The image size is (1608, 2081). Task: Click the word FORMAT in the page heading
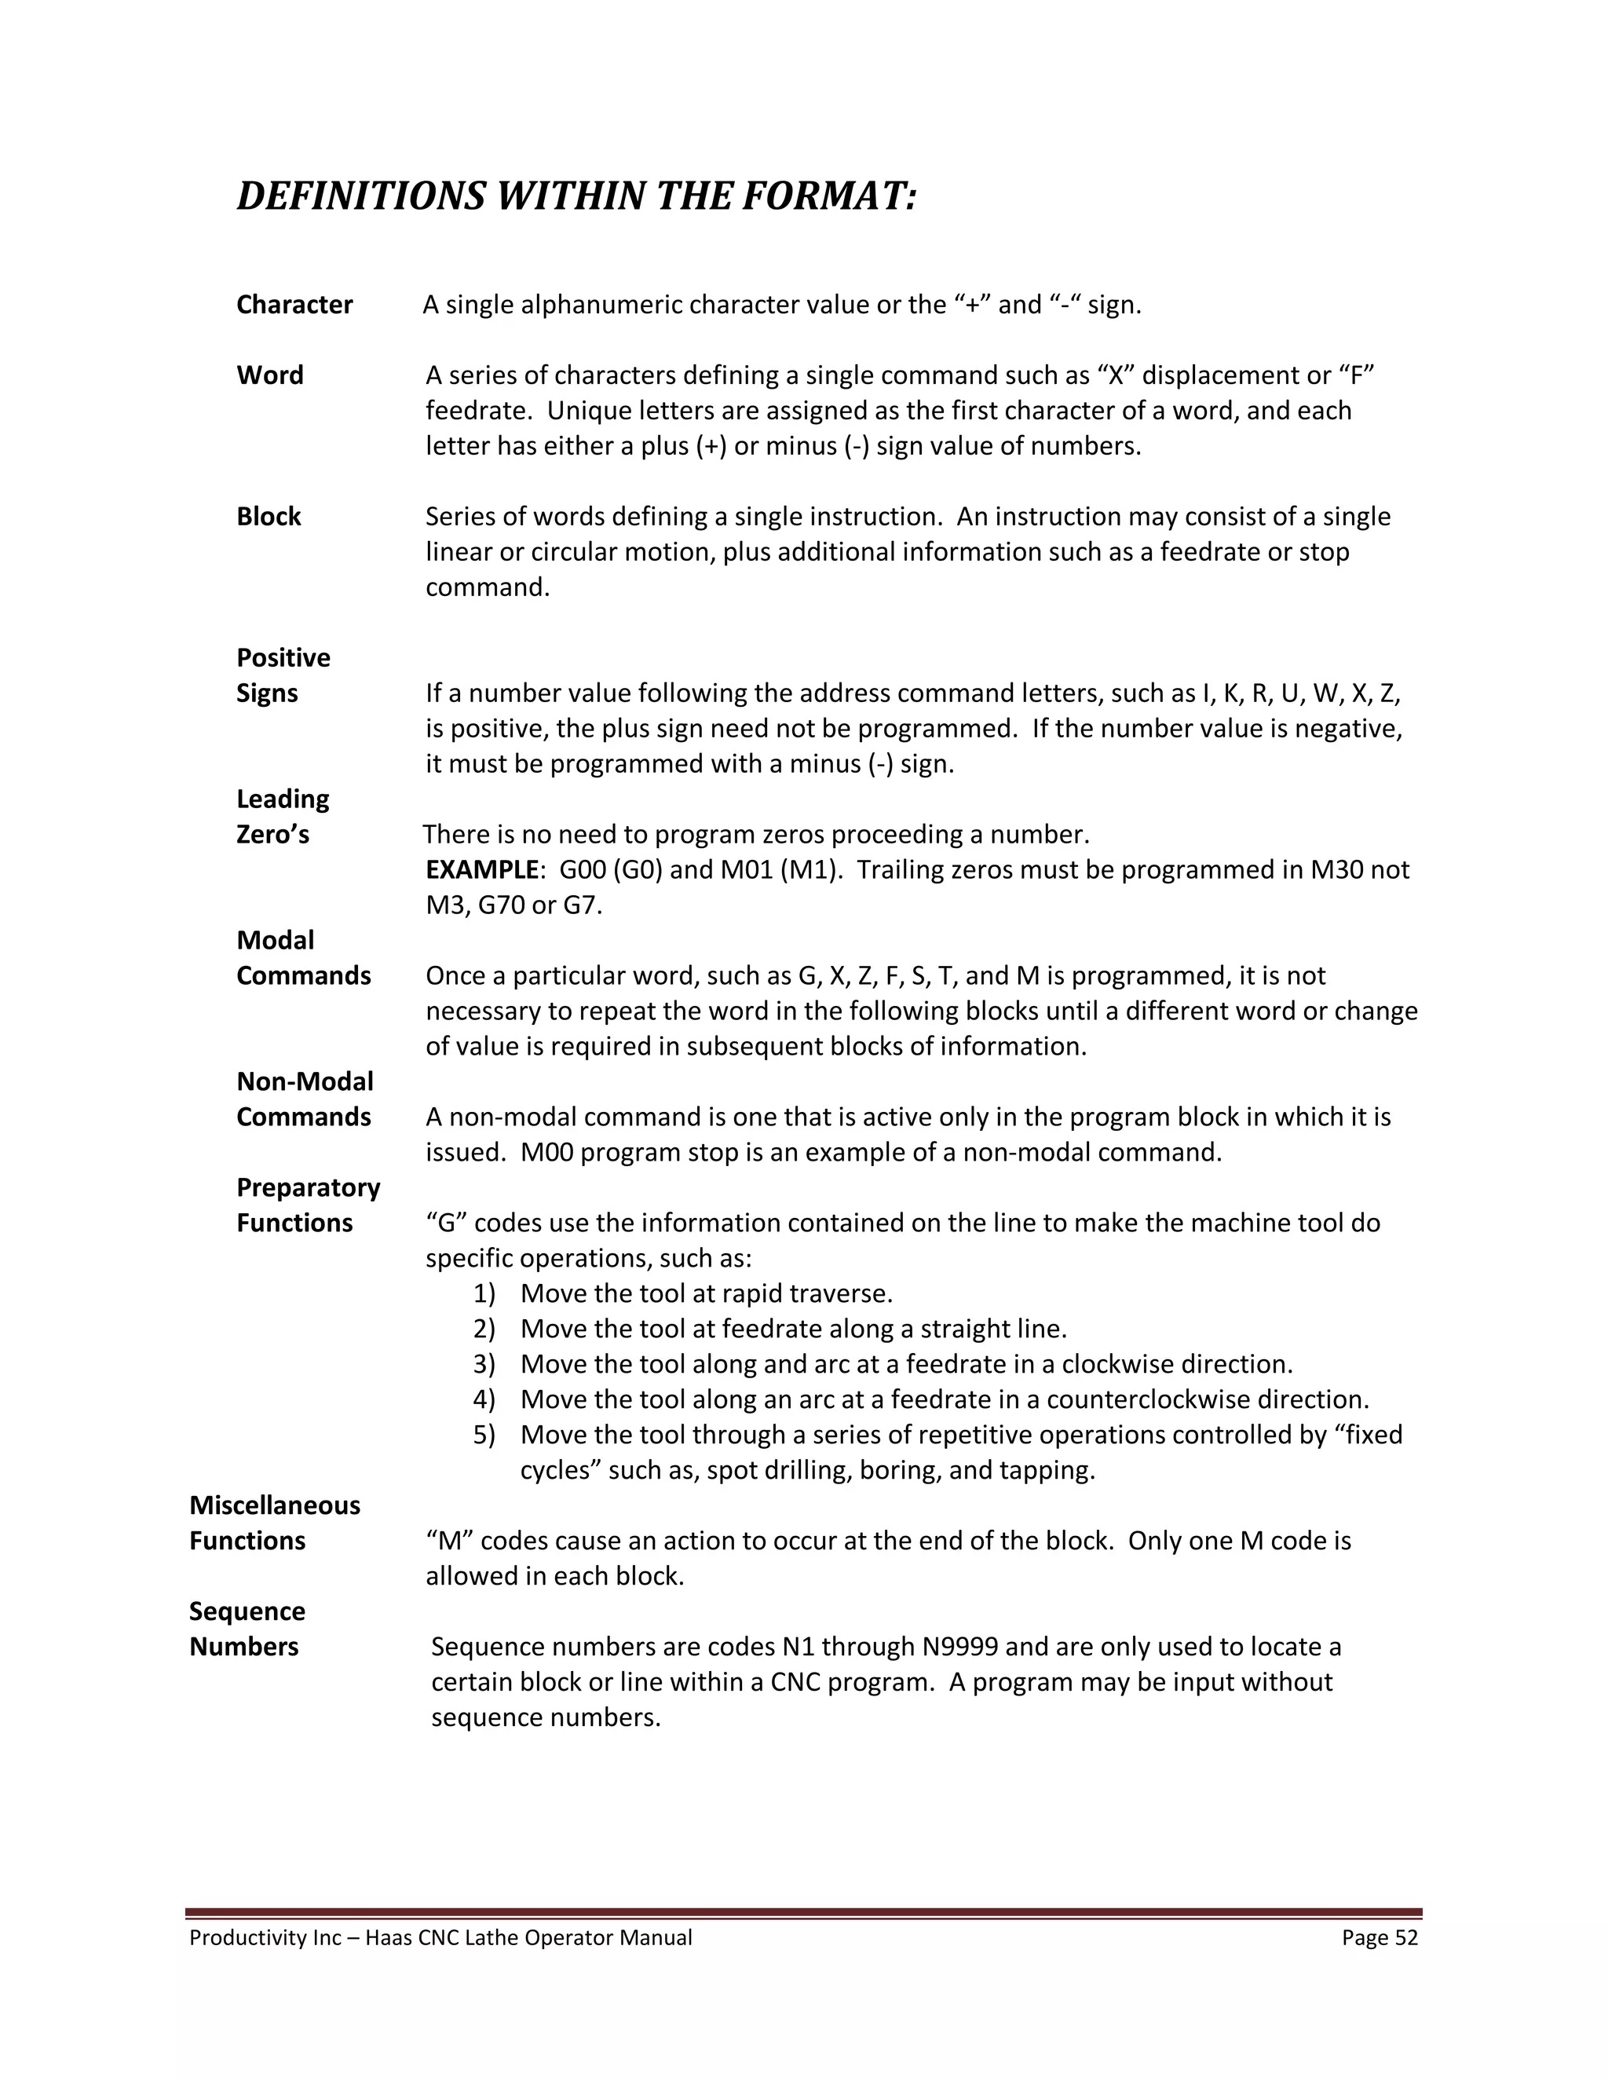pos(828,196)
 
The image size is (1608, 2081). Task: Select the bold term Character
pos(294,305)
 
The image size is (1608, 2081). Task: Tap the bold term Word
pos(269,375)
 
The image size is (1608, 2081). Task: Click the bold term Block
pos(269,517)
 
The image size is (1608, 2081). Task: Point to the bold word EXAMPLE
pos(482,870)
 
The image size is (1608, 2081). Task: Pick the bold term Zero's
pos(272,835)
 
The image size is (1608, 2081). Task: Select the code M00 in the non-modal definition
pos(546,1153)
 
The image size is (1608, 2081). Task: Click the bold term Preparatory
pos(308,1187)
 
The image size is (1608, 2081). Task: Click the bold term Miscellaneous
pos(274,1505)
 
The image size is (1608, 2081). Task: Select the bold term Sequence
pos(247,1611)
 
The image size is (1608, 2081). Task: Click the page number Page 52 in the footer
pos(1380,1938)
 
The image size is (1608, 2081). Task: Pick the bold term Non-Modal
pos(305,1081)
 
